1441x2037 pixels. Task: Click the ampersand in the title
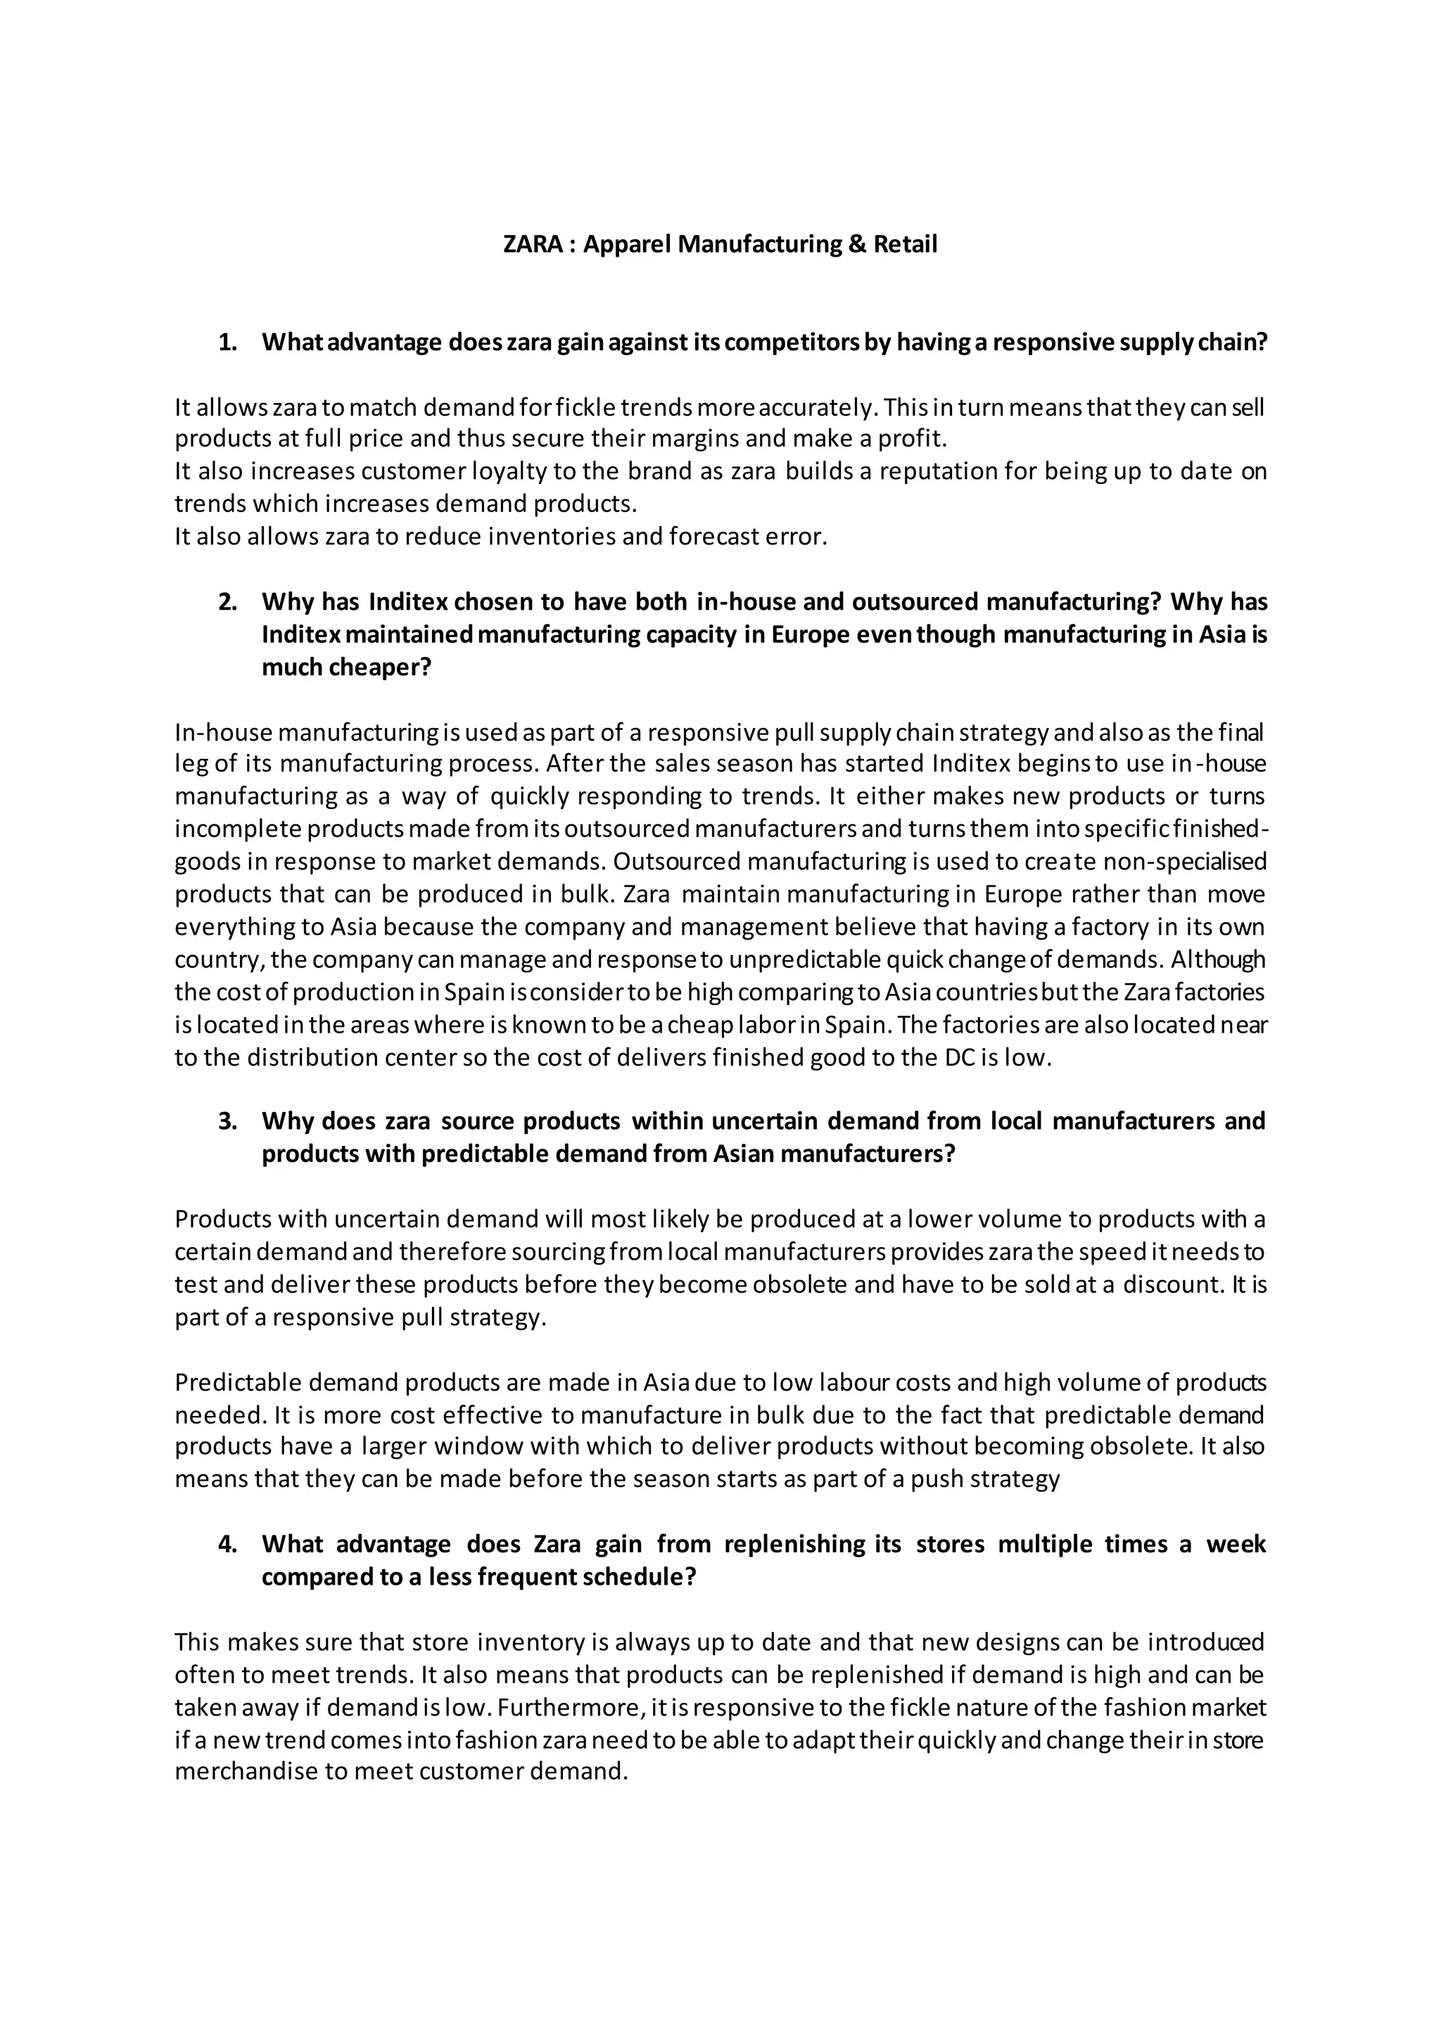point(856,244)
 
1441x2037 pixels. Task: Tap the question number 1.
point(227,343)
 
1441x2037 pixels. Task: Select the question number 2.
point(227,602)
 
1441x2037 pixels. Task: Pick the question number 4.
point(227,1544)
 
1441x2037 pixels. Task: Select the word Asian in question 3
point(744,1154)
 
